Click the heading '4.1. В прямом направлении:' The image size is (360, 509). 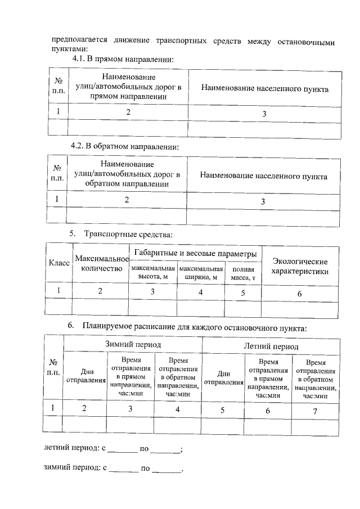pyautogui.click(x=121, y=60)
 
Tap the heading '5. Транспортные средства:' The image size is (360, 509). pyautogui.click(x=120, y=234)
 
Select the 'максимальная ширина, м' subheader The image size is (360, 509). pyautogui.click(x=201, y=273)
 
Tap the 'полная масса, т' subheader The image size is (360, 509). pyautogui.click(x=243, y=273)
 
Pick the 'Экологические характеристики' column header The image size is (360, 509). pyautogui.click(x=300, y=266)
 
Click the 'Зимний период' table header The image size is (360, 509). pyautogui.click(x=133, y=343)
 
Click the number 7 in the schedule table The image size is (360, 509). pyautogui.click(x=315, y=412)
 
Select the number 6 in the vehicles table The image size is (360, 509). pyautogui.click(x=299, y=294)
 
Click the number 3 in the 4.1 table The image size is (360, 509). pyautogui.click(x=264, y=114)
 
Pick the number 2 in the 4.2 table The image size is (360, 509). pyautogui.click(x=127, y=199)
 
